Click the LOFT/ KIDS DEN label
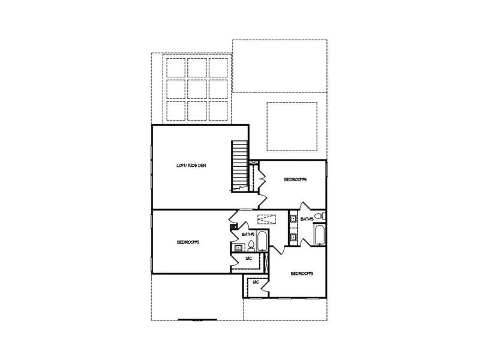pyautogui.click(x=190, y=166)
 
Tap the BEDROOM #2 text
pyautogui.click(x=188, y=242)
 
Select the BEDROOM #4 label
pyautogui.click(x=295, y=179)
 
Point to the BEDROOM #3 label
pyautogui.click(x=302, y=274)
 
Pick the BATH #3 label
pyautogui.click(x=307, y=220)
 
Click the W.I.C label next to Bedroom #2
pyautogui.click(x=248, y=259)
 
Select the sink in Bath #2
pyautogui.click(x=238, y=246)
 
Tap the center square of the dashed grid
pyautogui.click(x=197, y=89)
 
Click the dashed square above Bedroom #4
pyautogui.click(x=292, y=126)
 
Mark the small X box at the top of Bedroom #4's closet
pyautogui.click(x=253, y=163)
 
